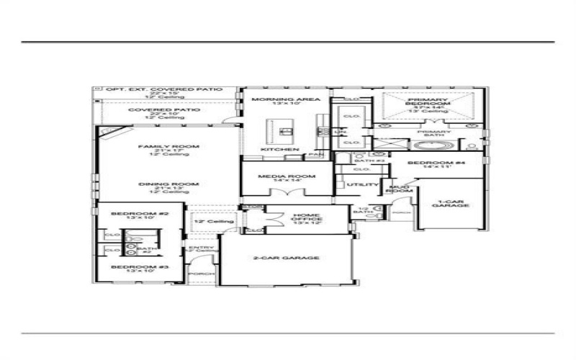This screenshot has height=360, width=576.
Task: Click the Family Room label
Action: click(x=169, y=147)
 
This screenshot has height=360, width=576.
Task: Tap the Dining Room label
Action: click(x=169, y=184)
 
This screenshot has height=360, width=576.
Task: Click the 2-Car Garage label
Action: click(x=286, y=257)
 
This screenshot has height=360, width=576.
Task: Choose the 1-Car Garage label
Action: click(x=451, y=202)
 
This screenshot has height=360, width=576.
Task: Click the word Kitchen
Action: click(x=279, y=149)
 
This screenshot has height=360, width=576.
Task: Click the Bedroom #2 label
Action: click(x=139, y=214)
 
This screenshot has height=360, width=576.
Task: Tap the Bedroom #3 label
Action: click(x=139, y=267)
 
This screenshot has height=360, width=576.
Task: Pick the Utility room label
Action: click(x=358, y=185)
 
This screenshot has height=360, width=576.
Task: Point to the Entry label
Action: click(x=196, y=248)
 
